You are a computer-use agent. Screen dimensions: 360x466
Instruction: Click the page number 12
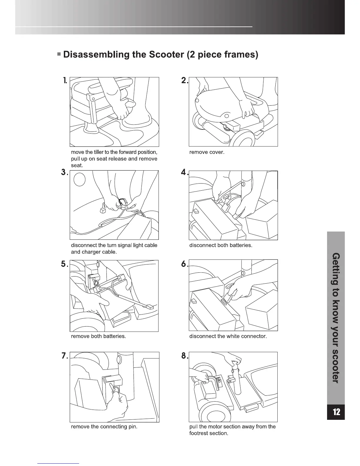[336, 412]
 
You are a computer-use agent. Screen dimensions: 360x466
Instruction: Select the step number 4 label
[184, 173]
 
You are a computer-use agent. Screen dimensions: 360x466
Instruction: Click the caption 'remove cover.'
[207, 152]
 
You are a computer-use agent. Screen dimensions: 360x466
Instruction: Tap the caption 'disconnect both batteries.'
[221, 245]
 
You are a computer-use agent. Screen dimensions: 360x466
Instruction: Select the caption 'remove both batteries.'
[98, 336]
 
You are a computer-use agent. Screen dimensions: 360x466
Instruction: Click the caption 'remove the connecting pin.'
[104, 426]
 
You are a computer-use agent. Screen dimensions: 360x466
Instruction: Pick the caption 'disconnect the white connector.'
[228, 336]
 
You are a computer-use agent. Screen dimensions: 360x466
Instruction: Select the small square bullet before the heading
[59, 55]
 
